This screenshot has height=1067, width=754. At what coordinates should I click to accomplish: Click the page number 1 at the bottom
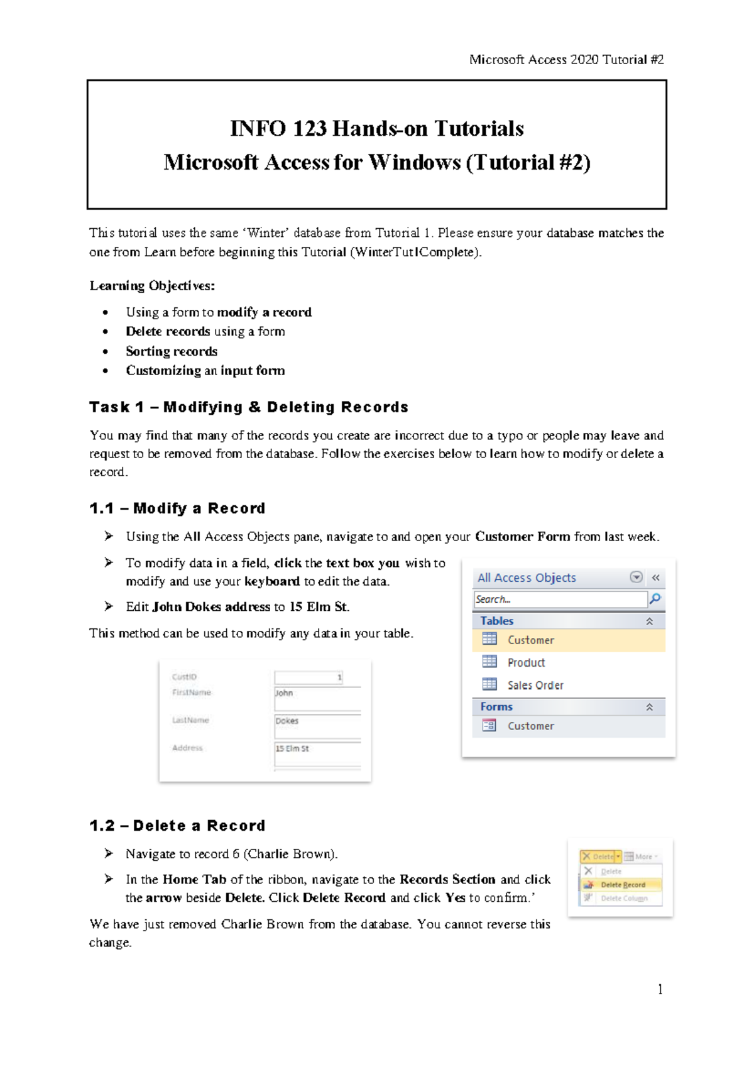click(x=660, y=990)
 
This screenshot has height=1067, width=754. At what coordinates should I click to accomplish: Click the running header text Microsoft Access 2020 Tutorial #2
click(x=566, y=60)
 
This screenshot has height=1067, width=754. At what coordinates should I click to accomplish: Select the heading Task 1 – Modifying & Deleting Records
click(x=249, y=407)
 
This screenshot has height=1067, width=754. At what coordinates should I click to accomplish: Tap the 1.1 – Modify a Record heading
click(x=177, y=508)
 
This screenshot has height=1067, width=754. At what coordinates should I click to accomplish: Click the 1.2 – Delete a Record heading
click(x=177, y=826)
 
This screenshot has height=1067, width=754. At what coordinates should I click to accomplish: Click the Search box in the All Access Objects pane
click(x=559, y=599)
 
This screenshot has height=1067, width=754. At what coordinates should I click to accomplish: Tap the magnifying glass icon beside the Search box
click(x=655, y=599)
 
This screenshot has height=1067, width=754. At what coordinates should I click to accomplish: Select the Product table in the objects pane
click(x=526, y=662)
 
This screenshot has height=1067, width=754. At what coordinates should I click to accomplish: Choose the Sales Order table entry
click(x=535, y=685)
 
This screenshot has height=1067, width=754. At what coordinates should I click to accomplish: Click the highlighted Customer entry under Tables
click(x=530, y=640)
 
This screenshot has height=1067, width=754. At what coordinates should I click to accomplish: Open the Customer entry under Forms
click(x=530, y=726)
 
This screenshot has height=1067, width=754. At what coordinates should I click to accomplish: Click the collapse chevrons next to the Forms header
click(x=650, y=707)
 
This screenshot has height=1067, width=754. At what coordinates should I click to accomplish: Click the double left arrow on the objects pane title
click(x=656, y=577)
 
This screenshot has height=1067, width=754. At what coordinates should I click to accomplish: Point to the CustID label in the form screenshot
click(x=184, y=677)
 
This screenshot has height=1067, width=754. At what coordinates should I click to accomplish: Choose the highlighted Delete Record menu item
click(x=622, y=885)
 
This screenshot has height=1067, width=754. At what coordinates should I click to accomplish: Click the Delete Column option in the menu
click(x=623, y=899)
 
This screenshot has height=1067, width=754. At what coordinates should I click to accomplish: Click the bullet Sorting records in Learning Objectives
click(x=172, y=351)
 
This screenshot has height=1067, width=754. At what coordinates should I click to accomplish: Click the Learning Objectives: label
click(x=152, y=286)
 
